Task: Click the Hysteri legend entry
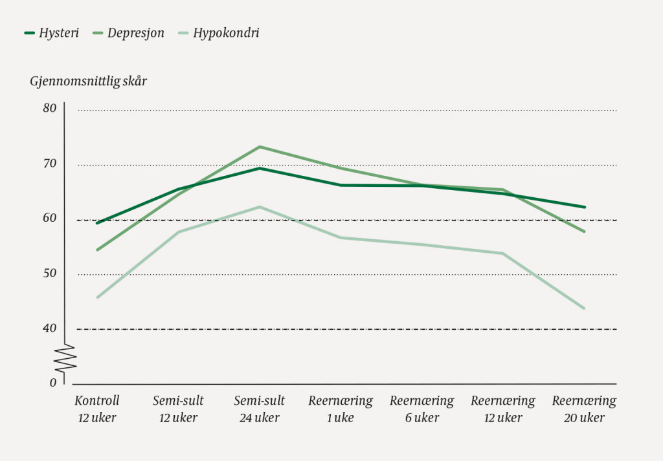click(x=52, y=33)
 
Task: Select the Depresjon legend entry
click(x=129, y=33)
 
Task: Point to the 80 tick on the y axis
click(x=49, y=108)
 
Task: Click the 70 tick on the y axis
click(x=49, y=163)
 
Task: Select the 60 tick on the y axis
click(x=49, y=218)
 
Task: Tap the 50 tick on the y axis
click(x=49, y=273)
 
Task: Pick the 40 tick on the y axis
click(x=49, y=328)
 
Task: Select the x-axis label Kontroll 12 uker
click(x=97, y=409)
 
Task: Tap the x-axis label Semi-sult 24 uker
click(x=259, y=409)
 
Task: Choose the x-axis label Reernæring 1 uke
click(x=341, y=409)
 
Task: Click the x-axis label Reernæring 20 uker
click(x=584, y=409)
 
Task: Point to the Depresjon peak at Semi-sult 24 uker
click(x=260, y=147)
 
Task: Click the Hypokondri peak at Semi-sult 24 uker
click(x=260, y=207)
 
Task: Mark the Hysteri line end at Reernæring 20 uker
click(x=585, y=207)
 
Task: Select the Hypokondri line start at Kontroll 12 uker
click(x=97, y=297)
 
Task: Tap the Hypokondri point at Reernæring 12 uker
click(x=503, y=253)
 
